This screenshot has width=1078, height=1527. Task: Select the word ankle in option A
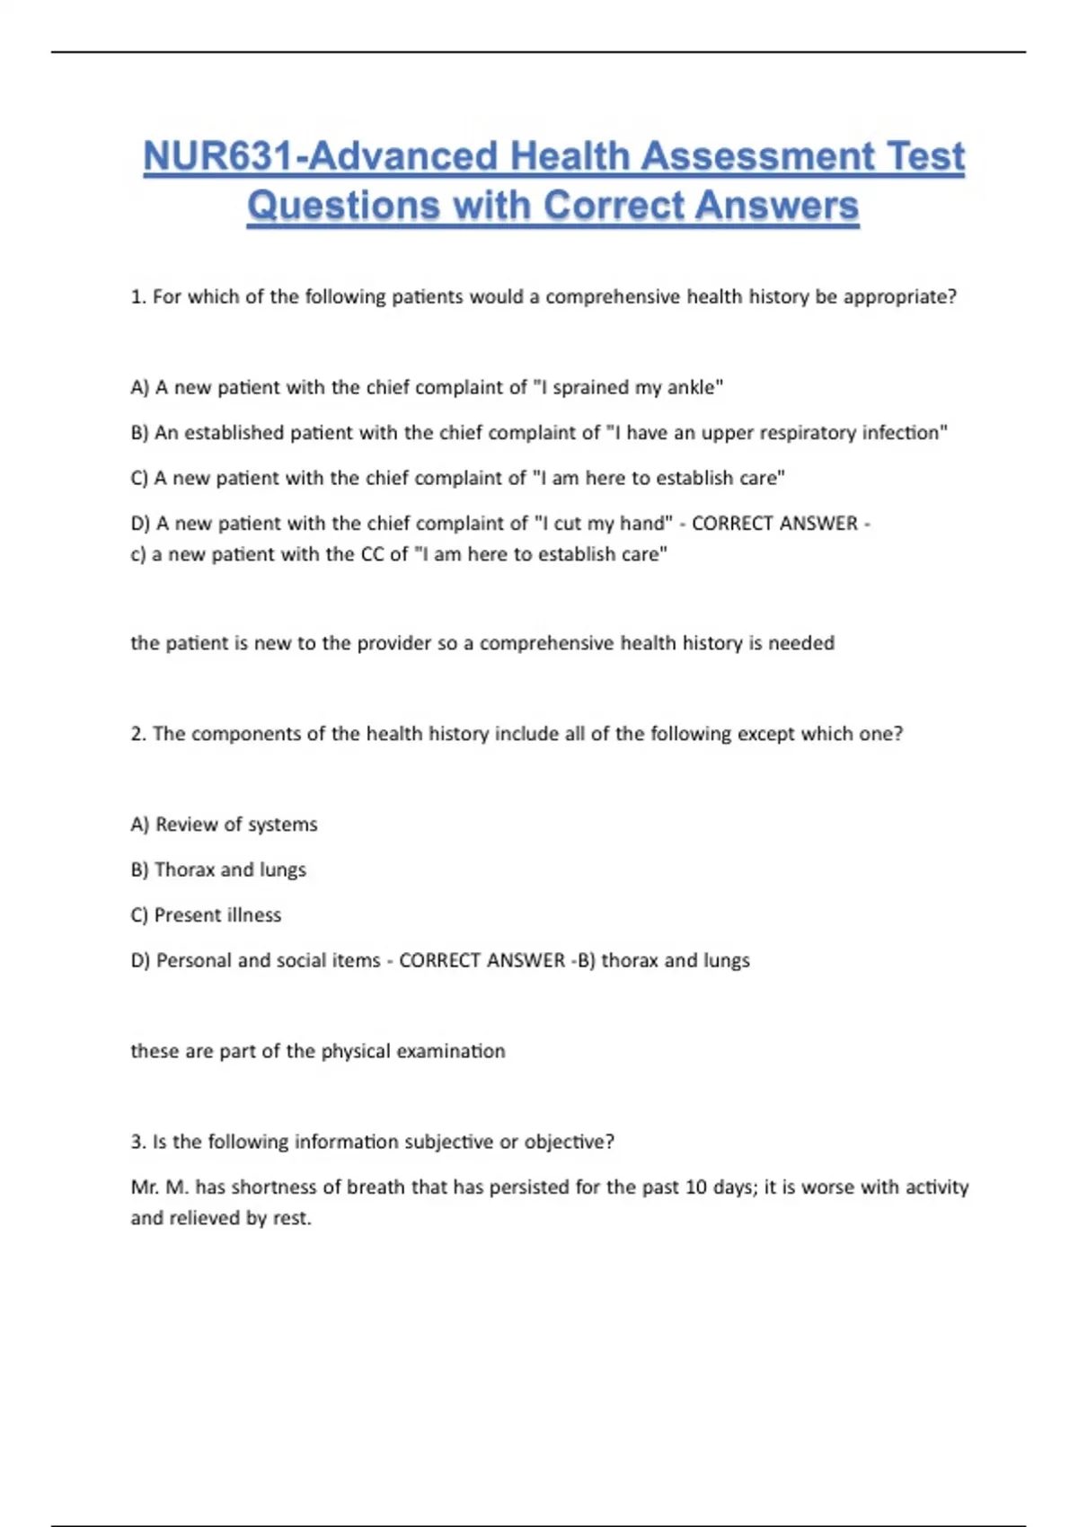pos(692,387)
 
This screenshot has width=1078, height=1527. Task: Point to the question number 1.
pos(137,296)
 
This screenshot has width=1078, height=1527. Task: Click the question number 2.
pos(137,734)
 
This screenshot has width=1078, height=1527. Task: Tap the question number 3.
pos(137,1142)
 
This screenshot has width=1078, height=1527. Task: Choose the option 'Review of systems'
pos(235,825)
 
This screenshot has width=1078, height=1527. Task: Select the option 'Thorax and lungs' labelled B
pos(230,869)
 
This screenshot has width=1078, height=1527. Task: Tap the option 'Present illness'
pos(217,915)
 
